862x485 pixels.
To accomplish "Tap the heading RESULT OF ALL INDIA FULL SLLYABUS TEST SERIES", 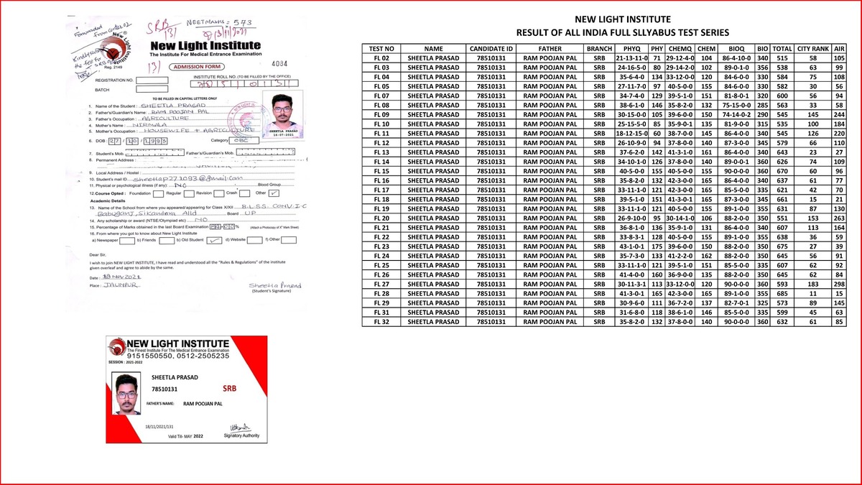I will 624,33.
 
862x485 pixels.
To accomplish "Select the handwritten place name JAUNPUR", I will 116,285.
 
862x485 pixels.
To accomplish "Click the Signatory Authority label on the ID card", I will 239,435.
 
